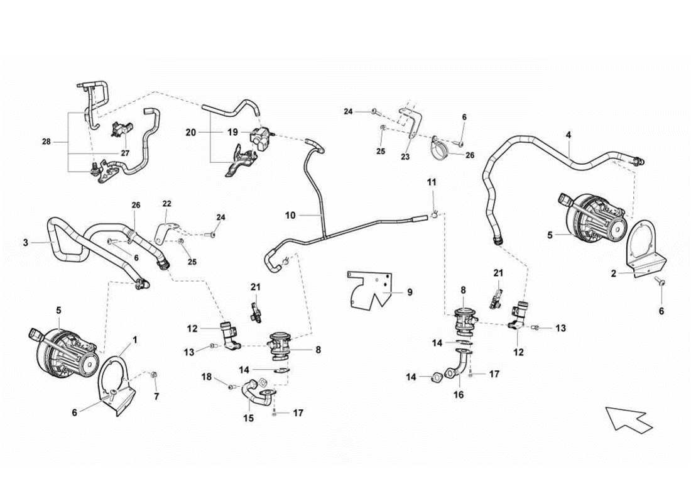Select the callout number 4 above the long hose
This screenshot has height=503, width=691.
[568, 135]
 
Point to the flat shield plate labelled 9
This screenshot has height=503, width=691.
[371, 292]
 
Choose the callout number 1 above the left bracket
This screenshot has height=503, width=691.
[134, 340]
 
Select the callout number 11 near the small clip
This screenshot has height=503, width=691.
[432, 182]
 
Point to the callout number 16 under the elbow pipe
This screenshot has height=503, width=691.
[459, 395]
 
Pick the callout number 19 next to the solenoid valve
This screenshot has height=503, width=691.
[232, 133]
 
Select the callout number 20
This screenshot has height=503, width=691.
[192, 133]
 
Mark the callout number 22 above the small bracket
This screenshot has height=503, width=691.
[166, 203]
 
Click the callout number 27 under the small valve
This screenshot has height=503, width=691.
[124, 153]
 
